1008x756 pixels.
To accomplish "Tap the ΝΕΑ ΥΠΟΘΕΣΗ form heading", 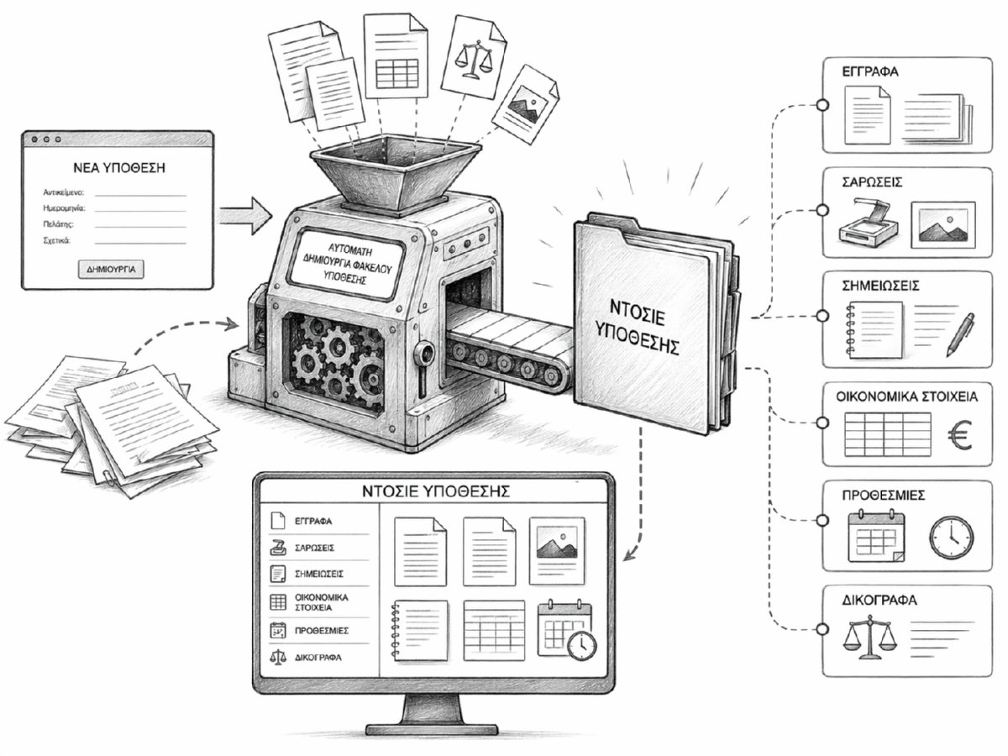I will (118, 168).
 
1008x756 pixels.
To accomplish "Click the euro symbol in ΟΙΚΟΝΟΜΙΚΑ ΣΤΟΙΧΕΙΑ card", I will (958, 434).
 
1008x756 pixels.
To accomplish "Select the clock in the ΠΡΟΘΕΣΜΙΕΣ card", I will (952, 537).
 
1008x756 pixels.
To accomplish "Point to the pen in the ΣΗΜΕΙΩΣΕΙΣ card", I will (960, 333).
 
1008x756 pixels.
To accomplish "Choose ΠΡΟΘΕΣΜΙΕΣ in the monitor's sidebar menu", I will (321, 630).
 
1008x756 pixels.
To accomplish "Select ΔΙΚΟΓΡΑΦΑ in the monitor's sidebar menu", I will (318, 658).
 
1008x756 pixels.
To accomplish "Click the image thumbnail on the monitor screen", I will (556, 549).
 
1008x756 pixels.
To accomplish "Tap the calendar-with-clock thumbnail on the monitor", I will (565, 627).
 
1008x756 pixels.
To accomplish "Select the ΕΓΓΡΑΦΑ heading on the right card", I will (870, 72).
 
